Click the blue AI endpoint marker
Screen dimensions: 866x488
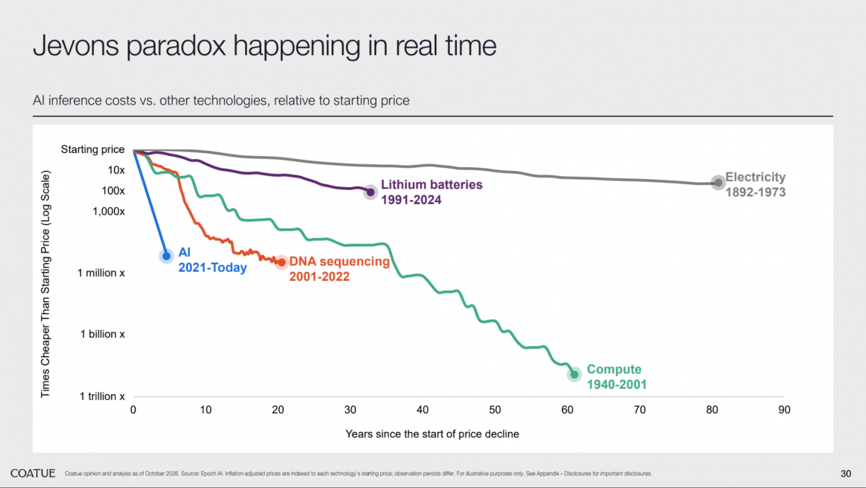(x=167, y=256)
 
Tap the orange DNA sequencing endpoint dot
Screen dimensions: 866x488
(x=282, y=263)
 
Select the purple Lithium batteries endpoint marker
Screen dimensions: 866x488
(x=370, y=192)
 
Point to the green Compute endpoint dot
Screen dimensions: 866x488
(x=575, y=374)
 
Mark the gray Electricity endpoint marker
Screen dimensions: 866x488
(x=718, y=183)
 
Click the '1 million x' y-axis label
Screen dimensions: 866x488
(x=101, y=273)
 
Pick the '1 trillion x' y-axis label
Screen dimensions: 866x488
(x=102, y=396)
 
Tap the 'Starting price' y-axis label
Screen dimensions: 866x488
(x=93, y=149)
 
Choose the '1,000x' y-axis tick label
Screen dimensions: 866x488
(x=109, y=212)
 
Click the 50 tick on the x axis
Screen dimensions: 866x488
(x=495, y=410)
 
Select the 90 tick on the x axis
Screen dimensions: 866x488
(x=784, y=410)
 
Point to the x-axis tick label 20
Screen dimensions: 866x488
(x=278, y=410)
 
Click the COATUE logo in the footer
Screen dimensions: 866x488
(x=33, y=474)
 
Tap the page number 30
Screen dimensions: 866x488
(x=846, y=474)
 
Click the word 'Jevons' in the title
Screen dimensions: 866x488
(x=75, y=46)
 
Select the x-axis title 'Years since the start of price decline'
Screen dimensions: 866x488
(x=432, y=434)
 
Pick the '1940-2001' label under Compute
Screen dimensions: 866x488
(x=617, y=384)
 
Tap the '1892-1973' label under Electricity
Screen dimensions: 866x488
(x=756, y=192)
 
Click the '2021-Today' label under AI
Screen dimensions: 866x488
(x=213, y=268)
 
